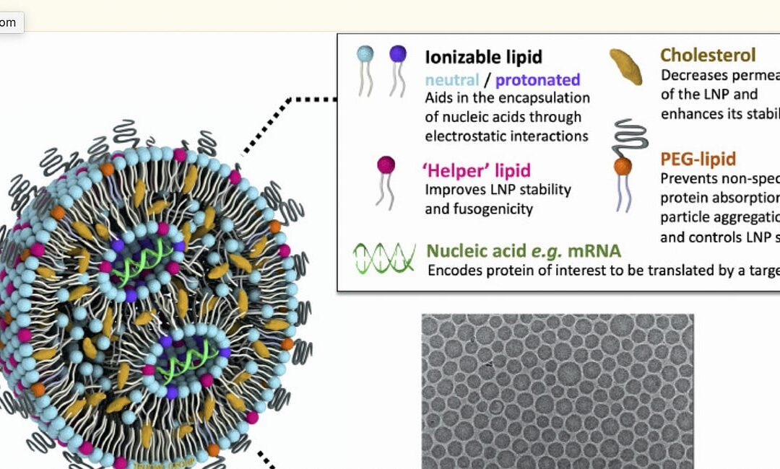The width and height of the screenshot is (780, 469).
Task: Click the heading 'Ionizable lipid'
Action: coord(483,57)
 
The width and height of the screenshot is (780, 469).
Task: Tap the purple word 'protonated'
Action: coord(538,79)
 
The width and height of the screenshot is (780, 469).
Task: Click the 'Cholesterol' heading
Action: coord(708,55)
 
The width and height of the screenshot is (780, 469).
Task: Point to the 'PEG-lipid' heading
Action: coord(698,159)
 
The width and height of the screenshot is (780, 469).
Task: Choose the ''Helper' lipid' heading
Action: coord(476,170)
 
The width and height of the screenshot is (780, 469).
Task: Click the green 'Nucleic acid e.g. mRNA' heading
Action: coord(523,251)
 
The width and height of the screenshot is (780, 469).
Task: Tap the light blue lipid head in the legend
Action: coord(365,54)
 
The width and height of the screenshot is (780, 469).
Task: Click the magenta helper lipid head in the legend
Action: coord(386,165)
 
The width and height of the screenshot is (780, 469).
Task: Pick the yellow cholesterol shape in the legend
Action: coord(625,66)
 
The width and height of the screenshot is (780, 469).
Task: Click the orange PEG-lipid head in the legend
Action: coord(623,167)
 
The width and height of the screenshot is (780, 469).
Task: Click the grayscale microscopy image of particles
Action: coord(557,390)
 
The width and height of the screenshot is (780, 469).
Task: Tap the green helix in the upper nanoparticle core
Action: coord(149,255)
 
